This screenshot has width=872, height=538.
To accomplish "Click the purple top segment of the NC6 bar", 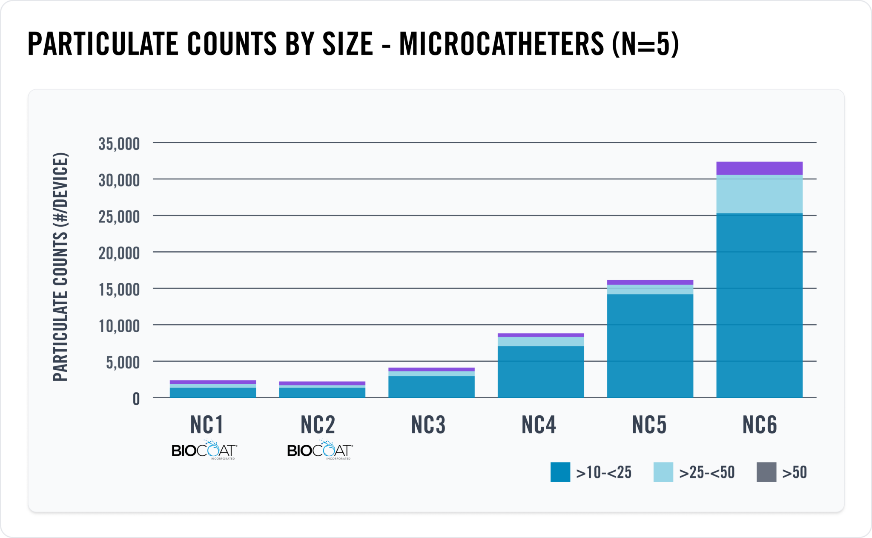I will (x=759, y=168).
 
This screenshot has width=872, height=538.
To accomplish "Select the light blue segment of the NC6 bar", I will (x=759, y=194).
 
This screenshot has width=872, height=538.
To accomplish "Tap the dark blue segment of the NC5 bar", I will (x=650, y=345).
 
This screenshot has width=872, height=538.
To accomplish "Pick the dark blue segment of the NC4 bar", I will (x=540, y=371).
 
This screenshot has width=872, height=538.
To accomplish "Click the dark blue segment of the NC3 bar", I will (x=431, y=386).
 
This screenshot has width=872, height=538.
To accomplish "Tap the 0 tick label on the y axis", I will (x=136, y=399).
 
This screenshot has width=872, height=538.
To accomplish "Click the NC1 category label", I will (x=207, y=425).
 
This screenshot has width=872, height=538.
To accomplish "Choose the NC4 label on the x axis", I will (x=539, y=425).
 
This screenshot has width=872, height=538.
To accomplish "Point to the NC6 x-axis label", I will (x=760, y=425).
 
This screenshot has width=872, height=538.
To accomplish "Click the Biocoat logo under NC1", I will (x=204, y=450).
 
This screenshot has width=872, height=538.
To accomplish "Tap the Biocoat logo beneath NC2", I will (x=320, y=450).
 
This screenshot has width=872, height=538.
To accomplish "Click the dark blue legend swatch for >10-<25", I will (x=560, y=472).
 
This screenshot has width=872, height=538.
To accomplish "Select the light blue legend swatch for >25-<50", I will (x=663, y=472).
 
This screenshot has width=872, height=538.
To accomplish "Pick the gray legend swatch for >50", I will (x=766, y=472).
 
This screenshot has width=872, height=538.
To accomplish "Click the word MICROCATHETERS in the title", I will (x=501, y=44).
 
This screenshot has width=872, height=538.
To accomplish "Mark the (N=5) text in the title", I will (x=645, y=44).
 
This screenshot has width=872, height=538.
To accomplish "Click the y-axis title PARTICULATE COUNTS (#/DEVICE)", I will (x=60, y=267).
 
